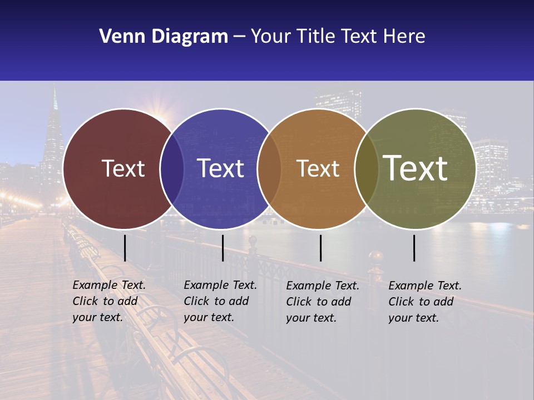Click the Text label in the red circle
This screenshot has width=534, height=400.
[x=123, y=168]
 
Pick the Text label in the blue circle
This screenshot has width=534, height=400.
[x=220, y=168]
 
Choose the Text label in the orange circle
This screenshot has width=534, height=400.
[x=318, y=168]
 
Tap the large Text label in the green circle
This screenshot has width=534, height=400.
[x=416, y=168]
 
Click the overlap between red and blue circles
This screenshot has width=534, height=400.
[x=172, y=169]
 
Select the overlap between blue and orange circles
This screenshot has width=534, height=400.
[x=269, y=169]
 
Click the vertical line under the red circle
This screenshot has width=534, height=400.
[x=125, y=248]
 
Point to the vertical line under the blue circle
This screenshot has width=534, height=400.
[x=222, y=248]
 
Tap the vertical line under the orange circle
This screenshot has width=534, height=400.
[x=320, y=248]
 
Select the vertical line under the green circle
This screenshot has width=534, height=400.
[x=414, y=248]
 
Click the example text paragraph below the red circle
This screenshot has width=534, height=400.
[x=109, y=301]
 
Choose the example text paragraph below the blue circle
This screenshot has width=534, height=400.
[x=220, y=301]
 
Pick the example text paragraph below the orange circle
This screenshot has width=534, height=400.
[x=323, y=302]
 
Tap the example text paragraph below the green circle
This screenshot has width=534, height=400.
[x=425, y=302]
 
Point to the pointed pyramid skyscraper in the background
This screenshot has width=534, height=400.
[x=54, y=133]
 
